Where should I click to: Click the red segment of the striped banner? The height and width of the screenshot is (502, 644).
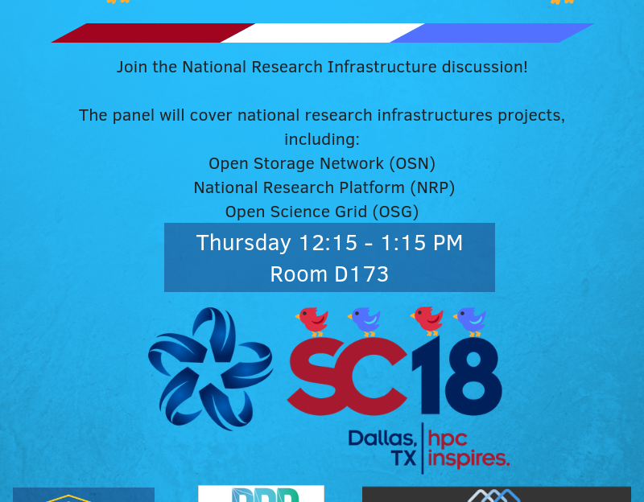(153, 33)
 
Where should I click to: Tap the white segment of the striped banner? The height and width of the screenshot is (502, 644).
(323, 33)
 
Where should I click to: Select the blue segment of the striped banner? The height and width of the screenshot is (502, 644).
(492, 33)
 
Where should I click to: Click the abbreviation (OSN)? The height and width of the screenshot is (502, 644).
(412, 164)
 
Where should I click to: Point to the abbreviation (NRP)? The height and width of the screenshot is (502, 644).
(432, 188)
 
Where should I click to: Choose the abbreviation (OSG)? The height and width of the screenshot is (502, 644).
(395, 212)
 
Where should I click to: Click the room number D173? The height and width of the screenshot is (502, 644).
(361, 274)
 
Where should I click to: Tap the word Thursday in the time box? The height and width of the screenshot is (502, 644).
(244, 243)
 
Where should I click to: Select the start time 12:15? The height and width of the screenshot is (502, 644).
(328, 243)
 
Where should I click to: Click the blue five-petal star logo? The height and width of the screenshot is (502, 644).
(210, 369)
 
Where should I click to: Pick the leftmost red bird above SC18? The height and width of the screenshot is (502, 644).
(312, 322)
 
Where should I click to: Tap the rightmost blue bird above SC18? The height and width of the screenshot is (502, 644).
(470, 322)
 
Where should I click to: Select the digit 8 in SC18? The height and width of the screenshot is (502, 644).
(473, 375)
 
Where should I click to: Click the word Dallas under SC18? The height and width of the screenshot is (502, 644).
(382, 438)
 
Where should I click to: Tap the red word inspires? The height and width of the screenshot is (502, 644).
(469, 458)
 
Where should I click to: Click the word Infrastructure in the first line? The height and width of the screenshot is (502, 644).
(382, 67)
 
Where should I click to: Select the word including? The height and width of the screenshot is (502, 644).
(322, 140)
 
